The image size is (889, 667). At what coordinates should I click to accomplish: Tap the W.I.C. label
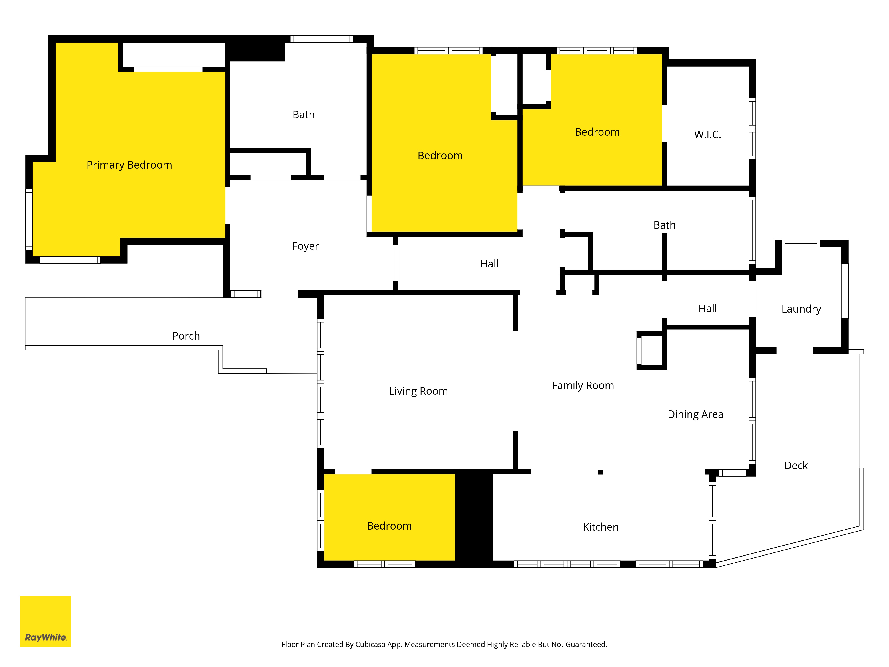point(707,135)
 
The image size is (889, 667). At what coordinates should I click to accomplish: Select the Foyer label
point(305,246)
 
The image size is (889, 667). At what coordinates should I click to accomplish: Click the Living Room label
point(418,391)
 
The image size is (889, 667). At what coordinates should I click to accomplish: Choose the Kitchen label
point(601,527)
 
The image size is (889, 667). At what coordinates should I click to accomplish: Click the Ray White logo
point(45,621)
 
